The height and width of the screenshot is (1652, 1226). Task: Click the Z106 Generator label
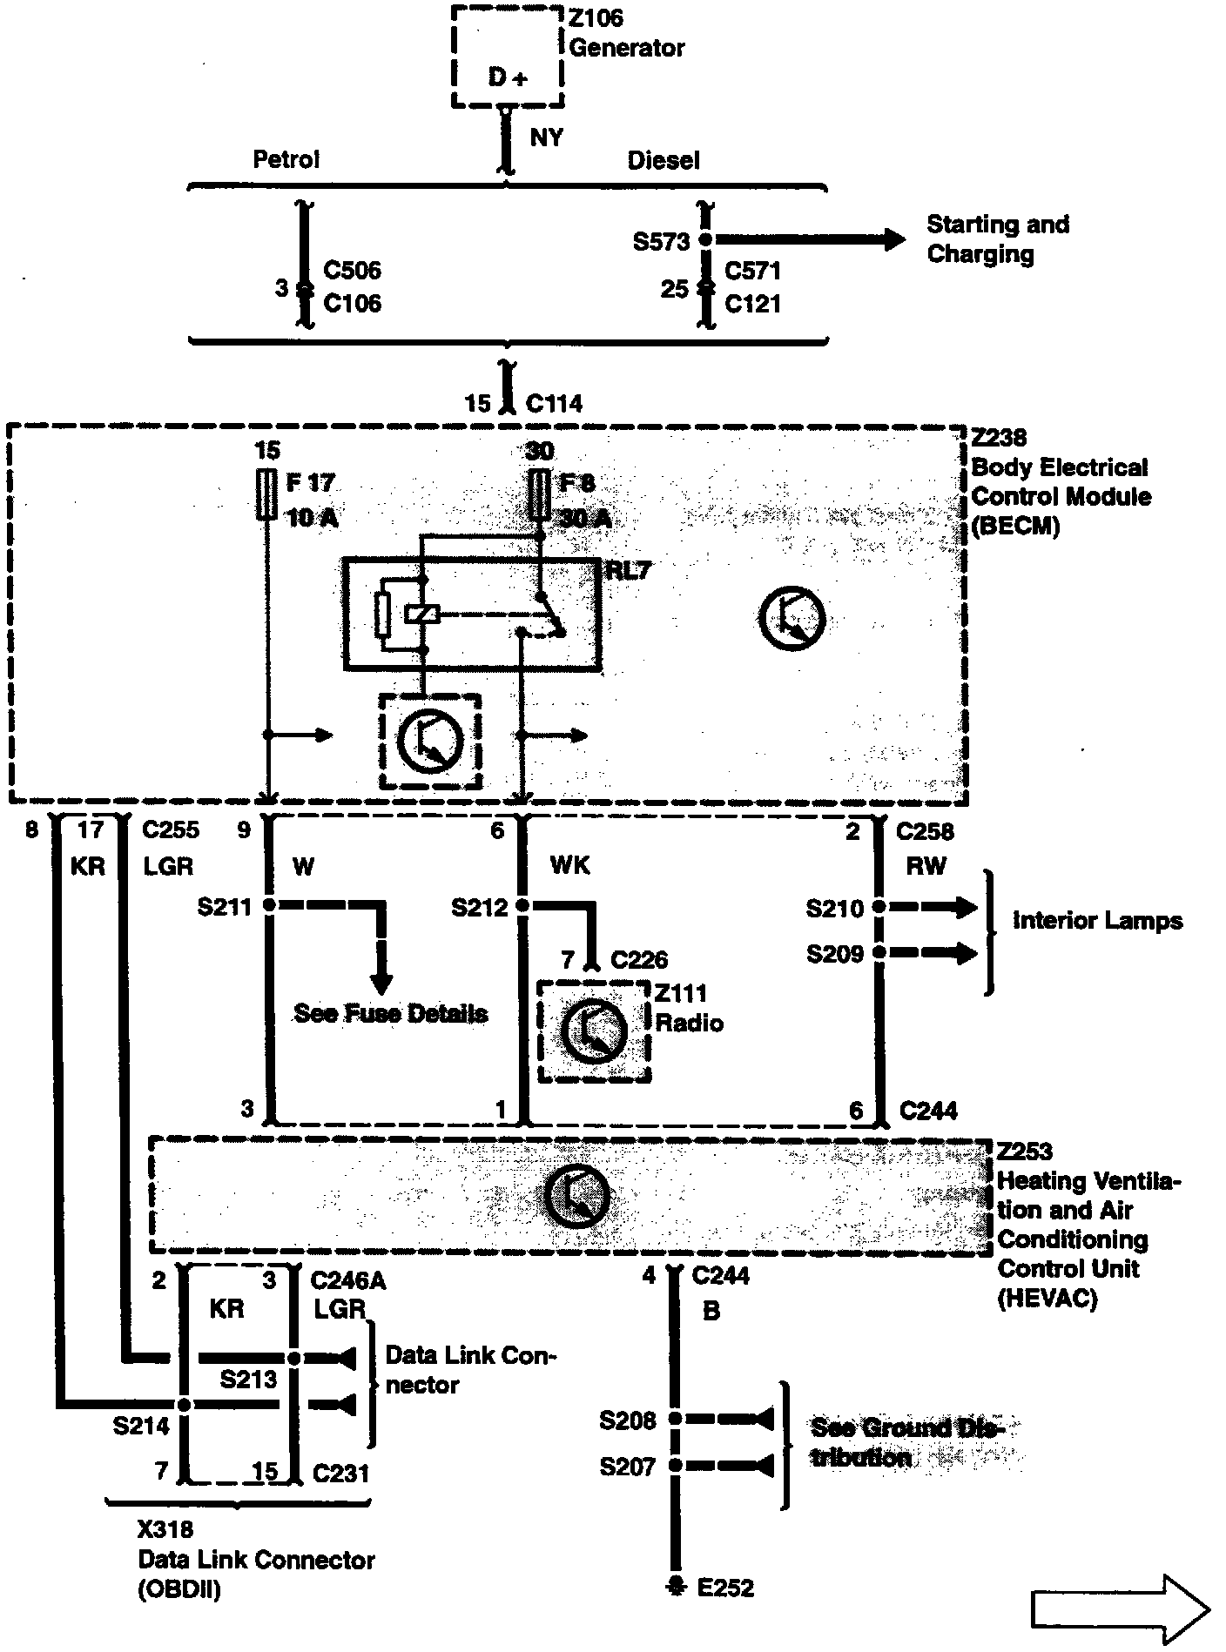(x=625, y=33)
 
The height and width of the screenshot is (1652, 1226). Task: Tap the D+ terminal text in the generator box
(x=507, y=77)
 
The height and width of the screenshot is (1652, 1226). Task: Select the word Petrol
(x=286, y=159)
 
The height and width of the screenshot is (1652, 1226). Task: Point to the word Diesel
(x=663, y=160)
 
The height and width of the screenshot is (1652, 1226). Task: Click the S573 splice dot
(x=706, y=238)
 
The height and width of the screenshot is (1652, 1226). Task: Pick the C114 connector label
(x=554, y=404)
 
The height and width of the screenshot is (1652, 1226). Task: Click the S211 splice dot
(x=269, y=906)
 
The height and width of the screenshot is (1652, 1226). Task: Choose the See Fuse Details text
(x=390, y=1013)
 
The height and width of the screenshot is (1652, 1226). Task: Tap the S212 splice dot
(x=522, y=906)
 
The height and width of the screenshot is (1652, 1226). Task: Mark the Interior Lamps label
(x=1097, y=921)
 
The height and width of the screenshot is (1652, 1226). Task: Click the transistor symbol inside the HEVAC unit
(x=576, y=1194)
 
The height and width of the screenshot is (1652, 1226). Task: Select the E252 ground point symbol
(x=674, y=1587)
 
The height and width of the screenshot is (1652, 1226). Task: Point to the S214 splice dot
(x=184, y=1405)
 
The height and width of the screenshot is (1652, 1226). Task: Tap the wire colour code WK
(x=569, y=865)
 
